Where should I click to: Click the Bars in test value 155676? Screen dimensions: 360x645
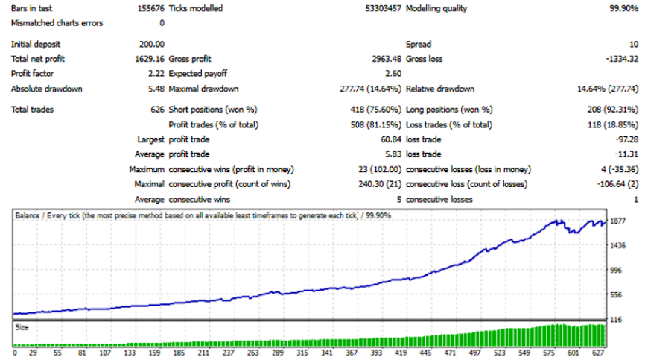(150, 9)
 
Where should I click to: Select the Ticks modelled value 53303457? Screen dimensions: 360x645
(381, 9)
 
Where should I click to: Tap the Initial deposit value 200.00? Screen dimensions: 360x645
(152, 45)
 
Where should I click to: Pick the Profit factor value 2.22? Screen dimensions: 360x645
(156, 74)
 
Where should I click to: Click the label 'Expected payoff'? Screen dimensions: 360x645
(197, 74)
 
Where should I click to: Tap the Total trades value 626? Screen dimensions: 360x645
(157, 110)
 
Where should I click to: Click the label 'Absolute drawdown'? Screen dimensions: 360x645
(46, 89)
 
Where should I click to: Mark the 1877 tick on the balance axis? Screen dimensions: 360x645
(617, 221)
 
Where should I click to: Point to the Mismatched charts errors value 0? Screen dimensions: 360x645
(162, 23)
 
